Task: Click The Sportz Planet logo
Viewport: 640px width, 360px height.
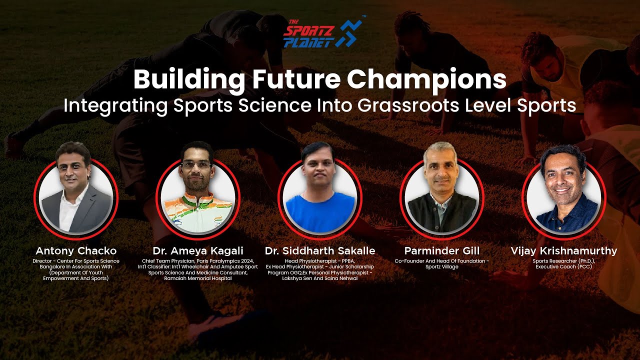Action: click(322, 33)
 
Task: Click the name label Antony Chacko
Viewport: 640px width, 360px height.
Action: click(76, 250)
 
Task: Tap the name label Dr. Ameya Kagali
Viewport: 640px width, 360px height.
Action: click(198, 250)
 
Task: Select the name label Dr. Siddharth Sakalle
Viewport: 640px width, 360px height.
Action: click(320, 250)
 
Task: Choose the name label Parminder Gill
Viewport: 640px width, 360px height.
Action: click(441, 250)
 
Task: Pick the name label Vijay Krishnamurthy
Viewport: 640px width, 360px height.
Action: click(563, 250)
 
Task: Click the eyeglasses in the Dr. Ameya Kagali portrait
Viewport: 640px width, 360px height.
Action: click(196, 164)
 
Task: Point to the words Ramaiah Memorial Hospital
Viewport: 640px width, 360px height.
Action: click(198, 278)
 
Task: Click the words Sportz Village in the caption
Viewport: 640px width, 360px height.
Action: click(441, 267)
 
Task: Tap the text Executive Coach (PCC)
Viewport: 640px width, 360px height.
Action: click(563, 267)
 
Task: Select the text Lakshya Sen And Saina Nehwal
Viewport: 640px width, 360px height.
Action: click(320, 278)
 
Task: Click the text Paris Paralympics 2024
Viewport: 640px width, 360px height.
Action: click(222, 261)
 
